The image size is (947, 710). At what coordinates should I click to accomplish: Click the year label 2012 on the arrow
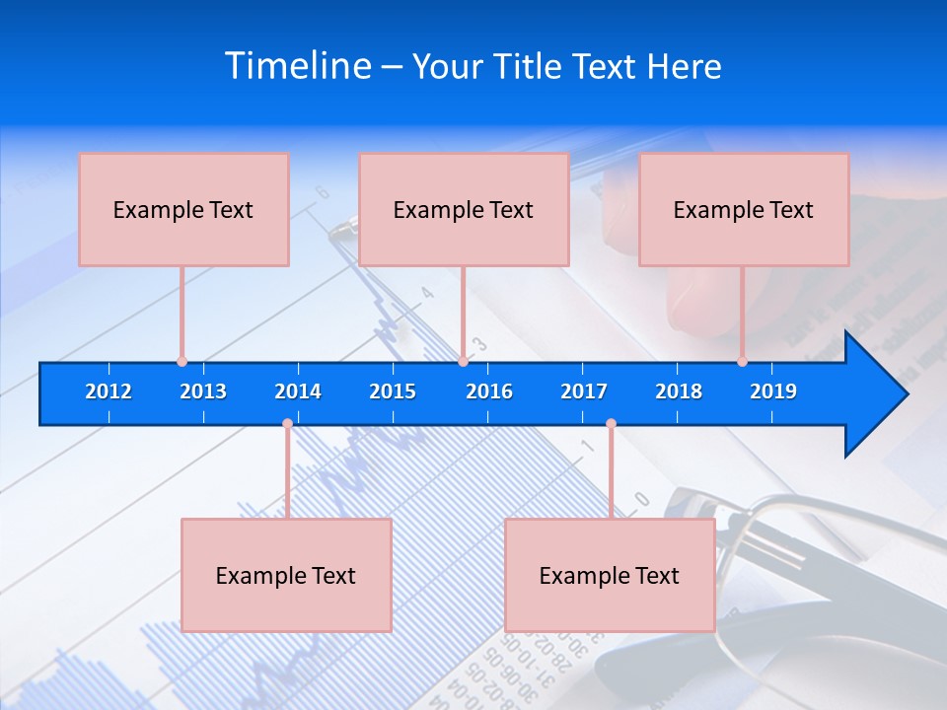(x=109, y=391)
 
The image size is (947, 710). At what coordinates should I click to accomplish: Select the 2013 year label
(x=203, y=391)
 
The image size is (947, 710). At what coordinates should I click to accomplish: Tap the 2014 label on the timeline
(x=298, y=391)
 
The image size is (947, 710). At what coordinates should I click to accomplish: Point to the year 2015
(x=393, y=391)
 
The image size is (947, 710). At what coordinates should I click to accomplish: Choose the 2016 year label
(x=489, y=391)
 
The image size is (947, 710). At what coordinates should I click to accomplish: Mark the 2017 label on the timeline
(x=584, y=391)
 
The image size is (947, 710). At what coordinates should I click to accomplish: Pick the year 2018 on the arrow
(x=679, y=391)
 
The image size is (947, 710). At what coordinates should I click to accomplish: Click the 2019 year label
(x=773, y=391)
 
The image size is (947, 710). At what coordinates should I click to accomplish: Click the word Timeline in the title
(x=297, y=66)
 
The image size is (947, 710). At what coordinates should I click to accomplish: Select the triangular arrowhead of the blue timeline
(x=873, y=394)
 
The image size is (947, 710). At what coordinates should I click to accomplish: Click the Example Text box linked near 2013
(x=183, y=209)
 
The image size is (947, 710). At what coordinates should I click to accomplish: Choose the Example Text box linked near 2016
(x=464, y=209)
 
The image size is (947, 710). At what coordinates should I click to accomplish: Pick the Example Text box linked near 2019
(x=744, y=209)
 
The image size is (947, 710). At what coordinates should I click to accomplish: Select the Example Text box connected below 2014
(x=286, y=575)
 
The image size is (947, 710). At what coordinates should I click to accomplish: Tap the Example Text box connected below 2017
(x=610, y=575)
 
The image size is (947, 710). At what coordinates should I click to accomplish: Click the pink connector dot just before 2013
(x=182, y=361)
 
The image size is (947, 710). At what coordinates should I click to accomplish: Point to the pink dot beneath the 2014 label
(x=287, y=423)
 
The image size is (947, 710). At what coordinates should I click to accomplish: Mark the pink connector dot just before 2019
(x=742, y=361)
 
